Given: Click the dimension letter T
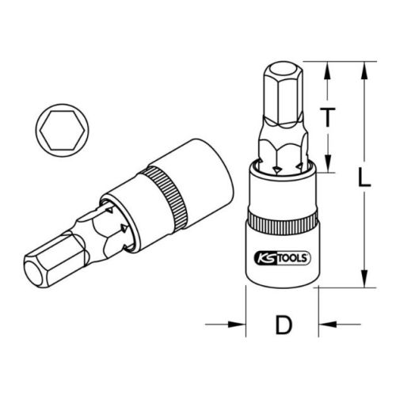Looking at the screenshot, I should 328,118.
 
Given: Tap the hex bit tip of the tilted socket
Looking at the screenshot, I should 50,266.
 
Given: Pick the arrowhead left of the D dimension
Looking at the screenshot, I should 237,323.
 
